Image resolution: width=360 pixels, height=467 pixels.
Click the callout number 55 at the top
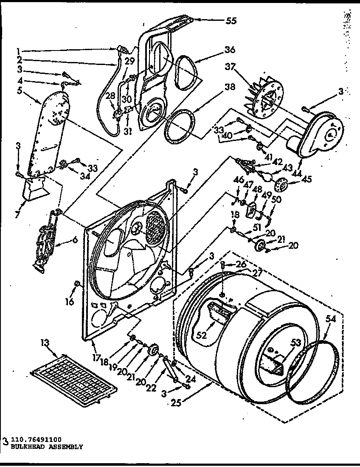[231, 20]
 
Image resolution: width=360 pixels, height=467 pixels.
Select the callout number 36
[230, 50]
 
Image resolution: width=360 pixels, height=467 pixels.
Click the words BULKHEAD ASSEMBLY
[45, 447]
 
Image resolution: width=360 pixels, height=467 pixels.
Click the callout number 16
[69, 302]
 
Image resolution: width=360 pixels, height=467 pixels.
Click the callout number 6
[75, 240]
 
